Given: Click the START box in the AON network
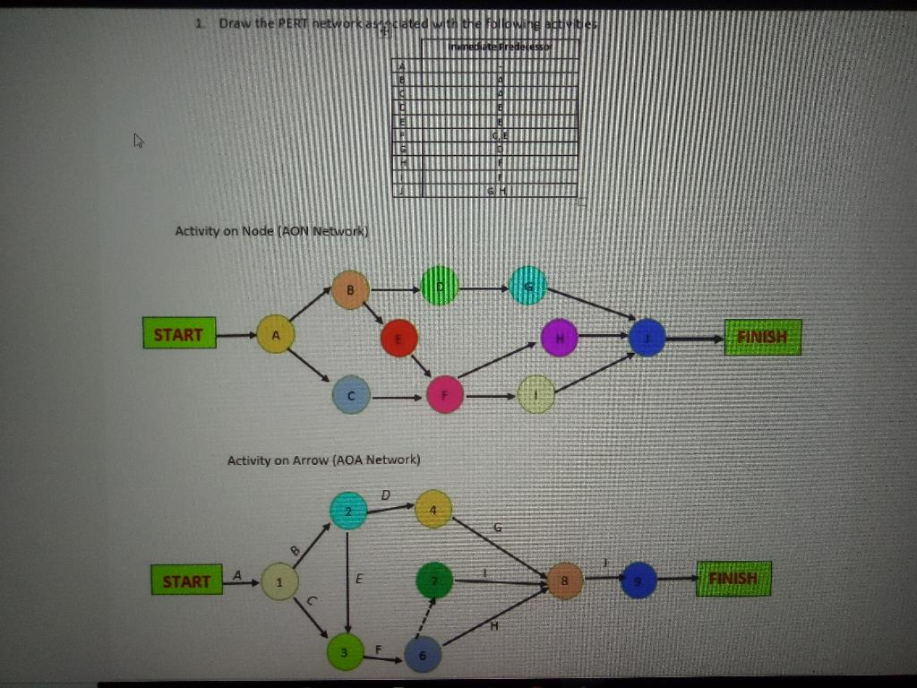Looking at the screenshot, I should (x=179, y=334).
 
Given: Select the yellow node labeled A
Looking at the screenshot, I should (x=276, y=334).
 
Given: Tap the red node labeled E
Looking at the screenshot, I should (x=399, y=338).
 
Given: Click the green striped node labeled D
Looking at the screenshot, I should (x=440, y=287).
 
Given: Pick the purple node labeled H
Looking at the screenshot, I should (x=560, y=338).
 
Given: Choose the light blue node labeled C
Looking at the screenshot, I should (x=351, y=395).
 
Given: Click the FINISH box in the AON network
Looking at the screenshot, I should (x=762, y=338).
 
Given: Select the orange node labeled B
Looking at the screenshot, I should (x=351, y=289).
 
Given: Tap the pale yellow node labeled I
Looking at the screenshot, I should (x=536, y=395).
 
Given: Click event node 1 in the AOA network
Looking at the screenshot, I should (x=279, y=582).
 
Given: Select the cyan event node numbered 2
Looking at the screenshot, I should (x=349, y=511).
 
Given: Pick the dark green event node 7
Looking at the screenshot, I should (x=435, y=581).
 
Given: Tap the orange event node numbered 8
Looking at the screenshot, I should (x=565, y=581).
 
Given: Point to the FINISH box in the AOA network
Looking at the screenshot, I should (x=733, y=579).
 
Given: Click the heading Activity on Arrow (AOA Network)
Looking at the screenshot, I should (x=323, y=460).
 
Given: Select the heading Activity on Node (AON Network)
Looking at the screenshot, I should (x=272, y=231).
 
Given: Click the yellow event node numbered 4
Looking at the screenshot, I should (x=434, y=509).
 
